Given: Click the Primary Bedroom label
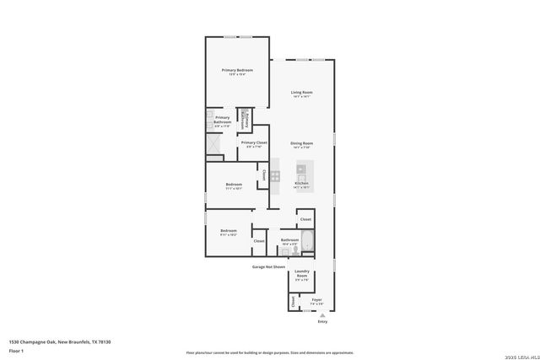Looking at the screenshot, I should (238, 70).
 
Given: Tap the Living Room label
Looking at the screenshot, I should (302, 92).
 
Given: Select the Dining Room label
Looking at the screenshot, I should (302, 143).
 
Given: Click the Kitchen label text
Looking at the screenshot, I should (301, 183).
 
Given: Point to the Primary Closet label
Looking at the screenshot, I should (254, 142).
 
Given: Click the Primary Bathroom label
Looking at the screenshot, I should (222, 120).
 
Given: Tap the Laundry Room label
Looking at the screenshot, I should (302, 273).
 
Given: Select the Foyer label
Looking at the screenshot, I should (317, 299).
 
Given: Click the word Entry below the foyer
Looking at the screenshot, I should (322, 322).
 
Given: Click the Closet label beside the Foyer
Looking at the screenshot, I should (294, 300).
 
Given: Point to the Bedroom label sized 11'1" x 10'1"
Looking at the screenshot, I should (234, 185).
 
